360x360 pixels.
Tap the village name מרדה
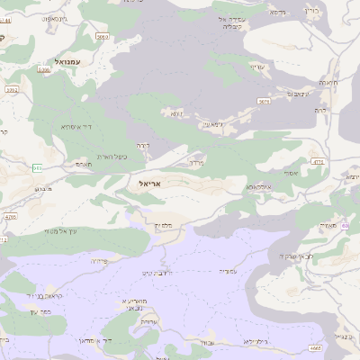(198, 163)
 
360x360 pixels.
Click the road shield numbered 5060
(103, 37)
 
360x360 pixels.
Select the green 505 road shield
(36, 167)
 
